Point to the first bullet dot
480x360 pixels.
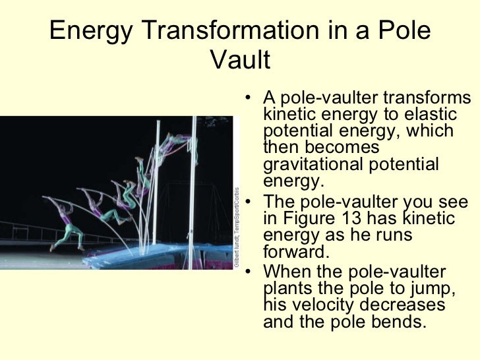pos(247,101)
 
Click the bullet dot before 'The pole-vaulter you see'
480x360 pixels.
pos(247,204)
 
